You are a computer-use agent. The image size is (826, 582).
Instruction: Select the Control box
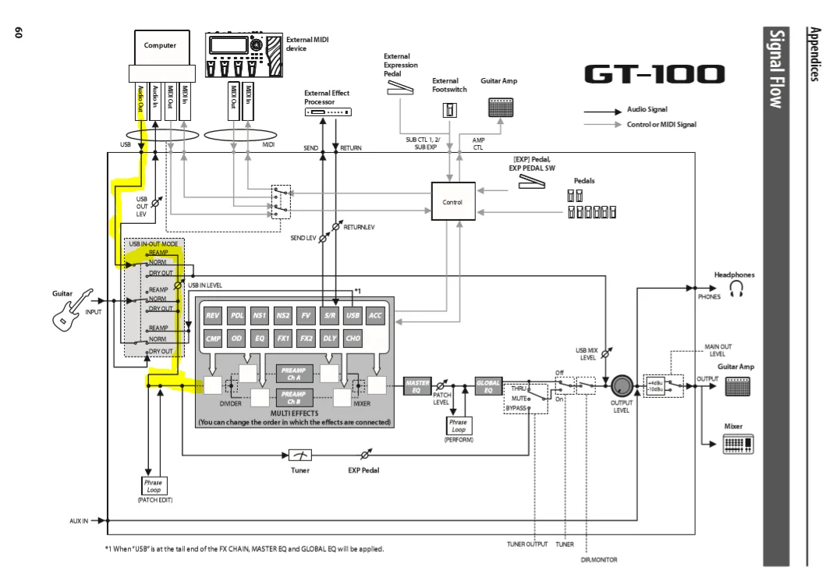pos(453,201)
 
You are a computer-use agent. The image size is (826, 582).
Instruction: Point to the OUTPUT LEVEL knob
pos(622,385)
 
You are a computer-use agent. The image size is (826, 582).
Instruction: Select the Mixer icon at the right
pos(736,443)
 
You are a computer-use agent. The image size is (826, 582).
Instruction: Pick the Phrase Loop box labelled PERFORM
pos(457,426)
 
